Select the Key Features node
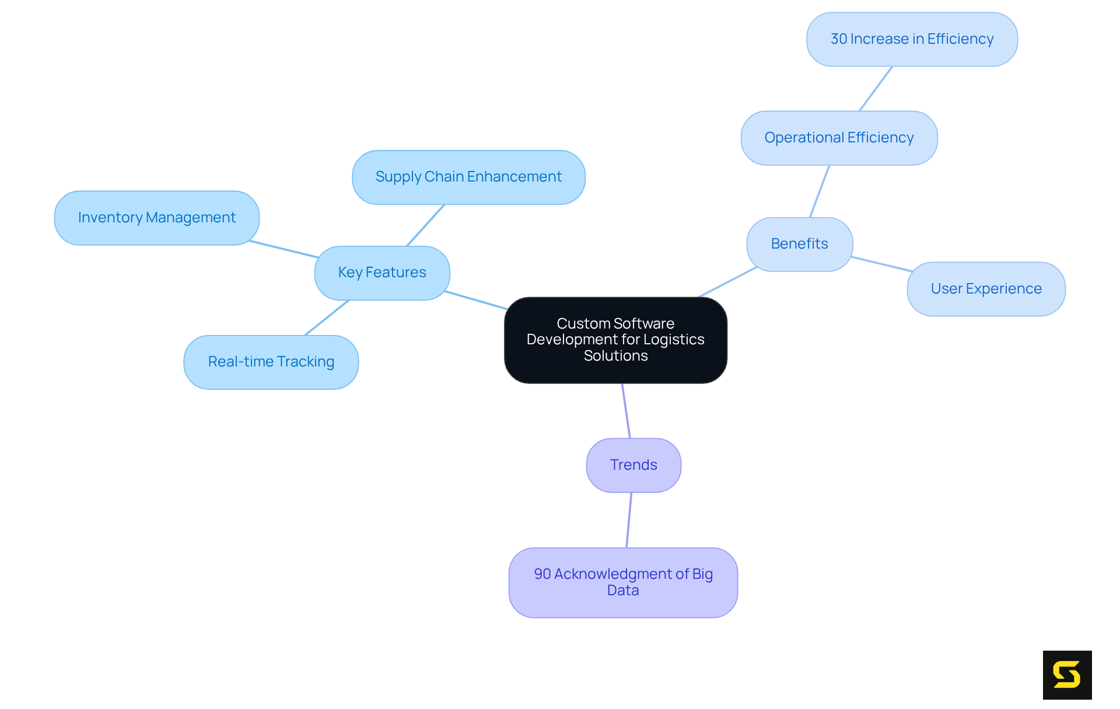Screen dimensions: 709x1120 (x=382, y=273)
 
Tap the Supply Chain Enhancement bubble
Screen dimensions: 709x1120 (x=468, y=177)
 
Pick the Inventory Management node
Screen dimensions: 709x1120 (x=156, y=218)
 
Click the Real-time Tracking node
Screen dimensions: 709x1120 (x=271, y=362)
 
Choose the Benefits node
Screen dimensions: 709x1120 (x=799, y=244)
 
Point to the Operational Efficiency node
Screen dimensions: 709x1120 (x=839, y=138)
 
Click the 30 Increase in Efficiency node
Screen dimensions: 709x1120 (x=912, y=39)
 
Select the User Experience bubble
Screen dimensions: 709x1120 (x=986, y=289)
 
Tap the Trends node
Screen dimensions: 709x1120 (x=633, y=465)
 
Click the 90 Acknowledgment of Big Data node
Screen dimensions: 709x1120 (x=623, y=582)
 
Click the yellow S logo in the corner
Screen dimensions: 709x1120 (x=1067, y=675)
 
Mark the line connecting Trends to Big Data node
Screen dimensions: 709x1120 (x=629, y=520)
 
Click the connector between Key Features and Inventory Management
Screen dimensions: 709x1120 (x=283, y=249)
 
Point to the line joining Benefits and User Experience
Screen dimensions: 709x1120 (x=881, y=264)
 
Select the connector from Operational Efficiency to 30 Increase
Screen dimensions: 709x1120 (x=876, y=89)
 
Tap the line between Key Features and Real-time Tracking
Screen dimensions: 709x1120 (x=327, y=317)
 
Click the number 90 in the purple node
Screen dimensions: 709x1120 (x=542, y=574)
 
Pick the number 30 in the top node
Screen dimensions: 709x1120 (x=839, y=39)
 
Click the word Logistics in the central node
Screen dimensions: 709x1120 (x=673, y=340)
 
